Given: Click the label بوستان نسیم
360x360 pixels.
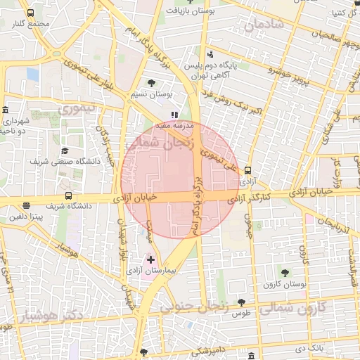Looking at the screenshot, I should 152,94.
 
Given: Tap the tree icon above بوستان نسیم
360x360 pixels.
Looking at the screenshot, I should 152,83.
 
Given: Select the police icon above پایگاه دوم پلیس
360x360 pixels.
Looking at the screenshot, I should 210,56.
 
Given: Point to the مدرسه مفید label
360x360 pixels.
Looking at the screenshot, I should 174,124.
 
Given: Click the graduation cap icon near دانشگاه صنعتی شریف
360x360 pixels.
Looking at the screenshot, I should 65,150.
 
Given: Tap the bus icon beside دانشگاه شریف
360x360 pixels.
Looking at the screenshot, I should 68,196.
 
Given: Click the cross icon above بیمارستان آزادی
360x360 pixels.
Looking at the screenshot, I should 150,259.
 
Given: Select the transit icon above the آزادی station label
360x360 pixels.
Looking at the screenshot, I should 247,170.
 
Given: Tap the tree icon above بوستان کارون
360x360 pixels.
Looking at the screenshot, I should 285,272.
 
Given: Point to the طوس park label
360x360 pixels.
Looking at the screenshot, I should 243,311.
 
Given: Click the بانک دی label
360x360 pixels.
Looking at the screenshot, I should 309,348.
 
